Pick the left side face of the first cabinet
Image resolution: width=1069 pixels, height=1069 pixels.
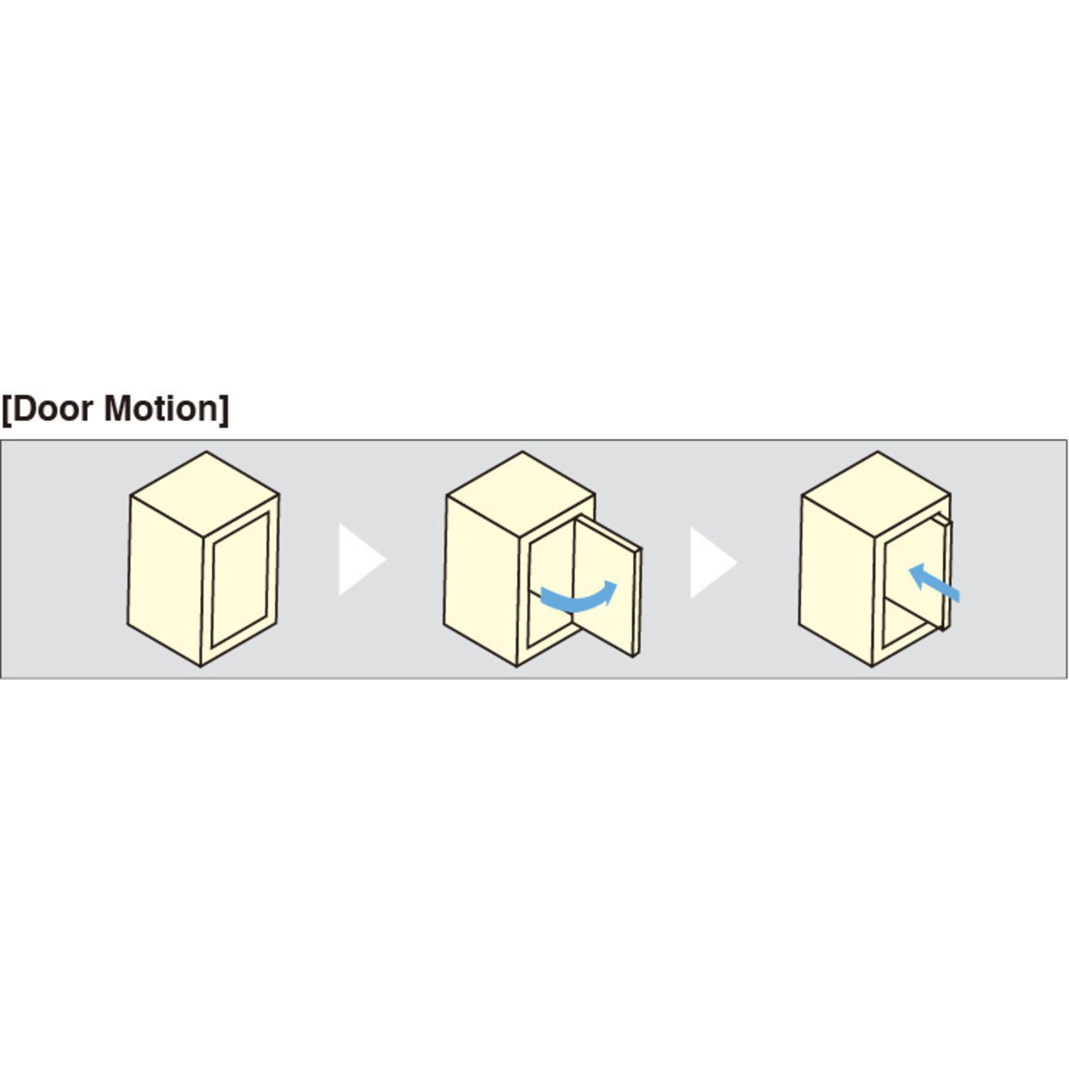165,579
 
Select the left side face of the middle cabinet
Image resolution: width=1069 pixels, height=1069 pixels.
481,579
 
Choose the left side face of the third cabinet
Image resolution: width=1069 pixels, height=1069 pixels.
835,579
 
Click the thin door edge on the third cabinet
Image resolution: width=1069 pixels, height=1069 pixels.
947,573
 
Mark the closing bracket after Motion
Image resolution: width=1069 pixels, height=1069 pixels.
224,410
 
